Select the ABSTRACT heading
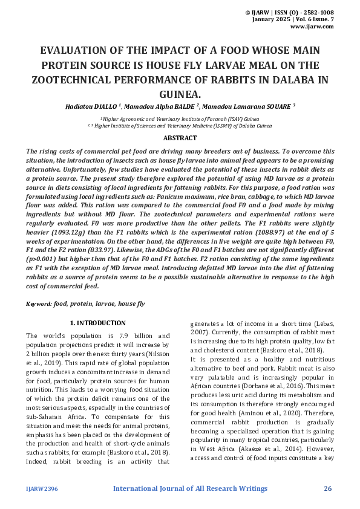tap(180, 138)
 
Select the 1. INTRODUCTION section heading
tap(98, 323)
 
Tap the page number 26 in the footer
tap(328, 488)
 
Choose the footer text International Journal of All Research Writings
tap(189, 488)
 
